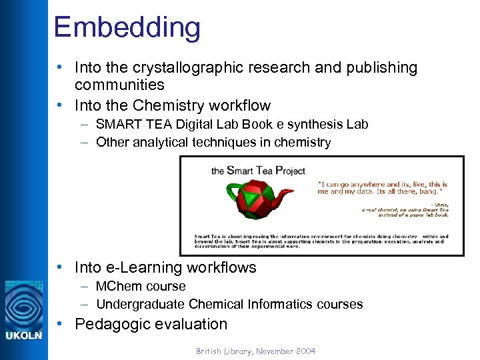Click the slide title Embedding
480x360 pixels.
(127, 27)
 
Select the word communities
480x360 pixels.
(119, 85)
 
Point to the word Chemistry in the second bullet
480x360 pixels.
(167, 105)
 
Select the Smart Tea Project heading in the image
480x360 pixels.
(258, 171)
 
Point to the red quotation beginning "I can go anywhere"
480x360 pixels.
(382, 189)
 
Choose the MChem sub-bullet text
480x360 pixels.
(141, 286)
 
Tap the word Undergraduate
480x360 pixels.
(140, 304)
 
